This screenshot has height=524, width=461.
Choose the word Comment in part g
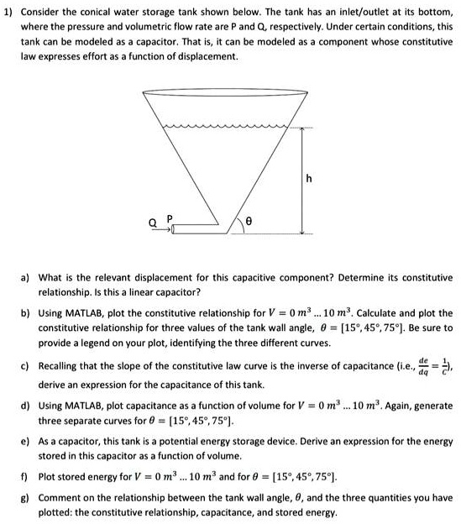tap(61, 495)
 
